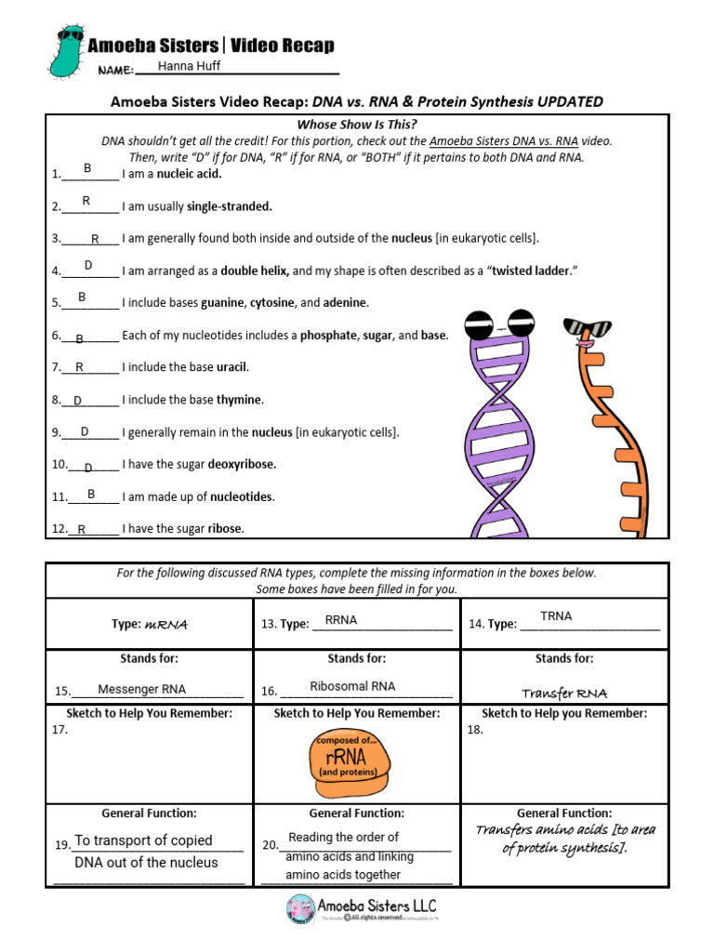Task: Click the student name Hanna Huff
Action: pos(190,66)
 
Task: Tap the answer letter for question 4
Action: pos(88,266)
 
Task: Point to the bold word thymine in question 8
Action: pos(240,400)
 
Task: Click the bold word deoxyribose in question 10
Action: pos(242,464)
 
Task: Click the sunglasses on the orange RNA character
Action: pos(588,328)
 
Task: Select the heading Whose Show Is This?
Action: pos(357,125)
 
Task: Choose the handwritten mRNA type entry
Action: pos(166,625)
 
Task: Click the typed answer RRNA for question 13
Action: pos(340,620)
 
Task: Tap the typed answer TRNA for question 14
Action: pos(556,616)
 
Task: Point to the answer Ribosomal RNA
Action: pos(352,686)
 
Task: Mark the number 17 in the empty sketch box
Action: pos(60,730)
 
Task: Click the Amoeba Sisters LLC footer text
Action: pos(377,906)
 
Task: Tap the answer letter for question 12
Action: pos(82,529)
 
